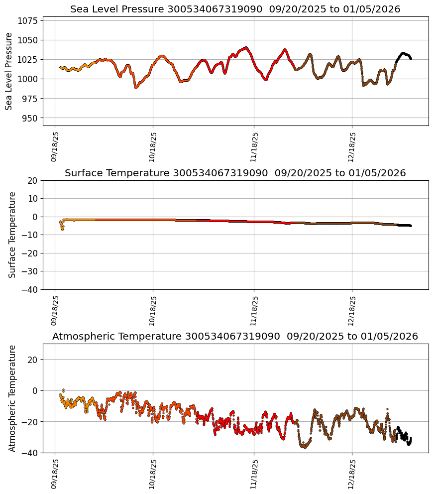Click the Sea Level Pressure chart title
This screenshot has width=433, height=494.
tap(235, 9)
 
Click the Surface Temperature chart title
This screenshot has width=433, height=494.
tap(235, 173)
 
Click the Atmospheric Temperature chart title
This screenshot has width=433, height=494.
tap(235, 337)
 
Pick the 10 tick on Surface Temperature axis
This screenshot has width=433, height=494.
tap(33, 199)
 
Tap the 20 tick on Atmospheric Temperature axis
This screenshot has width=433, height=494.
tap(33, 360)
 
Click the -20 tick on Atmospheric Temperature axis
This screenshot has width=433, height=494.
tap(29, 422)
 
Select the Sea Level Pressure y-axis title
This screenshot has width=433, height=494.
tap(9, 71)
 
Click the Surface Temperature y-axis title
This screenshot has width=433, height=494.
tap(12, 235)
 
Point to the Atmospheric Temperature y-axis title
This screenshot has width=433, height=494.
tap(12, 398)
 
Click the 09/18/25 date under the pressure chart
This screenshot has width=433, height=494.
tap(55, 147)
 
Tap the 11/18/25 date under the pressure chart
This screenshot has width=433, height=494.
tap(254, 147)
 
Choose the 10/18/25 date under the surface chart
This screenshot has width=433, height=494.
tap(153, 311)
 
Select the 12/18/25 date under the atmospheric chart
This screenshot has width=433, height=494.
tap(352, 474)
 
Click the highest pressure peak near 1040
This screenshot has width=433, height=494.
tap(245, 48)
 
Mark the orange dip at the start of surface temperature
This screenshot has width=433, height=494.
tap(62, 229)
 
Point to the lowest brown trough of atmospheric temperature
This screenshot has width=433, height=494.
tap(304, 447)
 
